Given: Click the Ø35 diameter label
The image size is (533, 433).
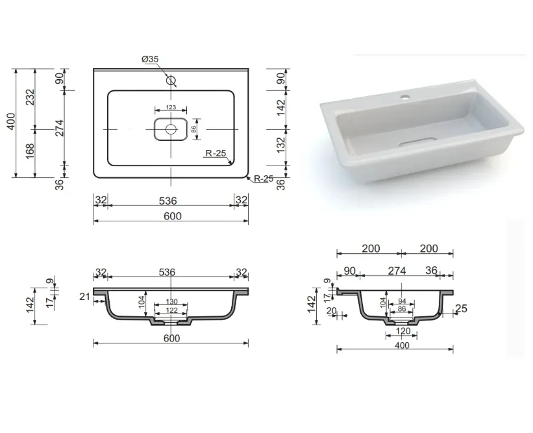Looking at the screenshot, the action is pyautogui.click(x=150, y=59).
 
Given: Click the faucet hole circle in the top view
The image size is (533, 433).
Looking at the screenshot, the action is pyautogui.click(x=171, y=80).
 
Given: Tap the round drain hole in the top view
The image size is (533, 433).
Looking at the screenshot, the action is pyautogui.click(x=171, y=129).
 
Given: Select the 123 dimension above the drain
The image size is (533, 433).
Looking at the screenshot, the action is pyautogui.click(x=171, y=107).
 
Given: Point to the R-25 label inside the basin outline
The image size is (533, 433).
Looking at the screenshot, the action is pyautogui.click(x=216, y=153).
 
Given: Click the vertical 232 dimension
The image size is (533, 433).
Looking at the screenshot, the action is pyautogui.click(x=31, y=97).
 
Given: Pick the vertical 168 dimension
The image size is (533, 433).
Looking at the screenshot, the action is pyautogui.click(x=30, y=151).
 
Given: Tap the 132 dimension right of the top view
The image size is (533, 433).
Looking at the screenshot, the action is pyautogui.click(x=281, y=145).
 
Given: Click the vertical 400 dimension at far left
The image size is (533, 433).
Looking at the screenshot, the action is pyautogui.click(x=11, y=121).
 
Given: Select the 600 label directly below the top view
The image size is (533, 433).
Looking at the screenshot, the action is pyautogui.click(x=172, y=216).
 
